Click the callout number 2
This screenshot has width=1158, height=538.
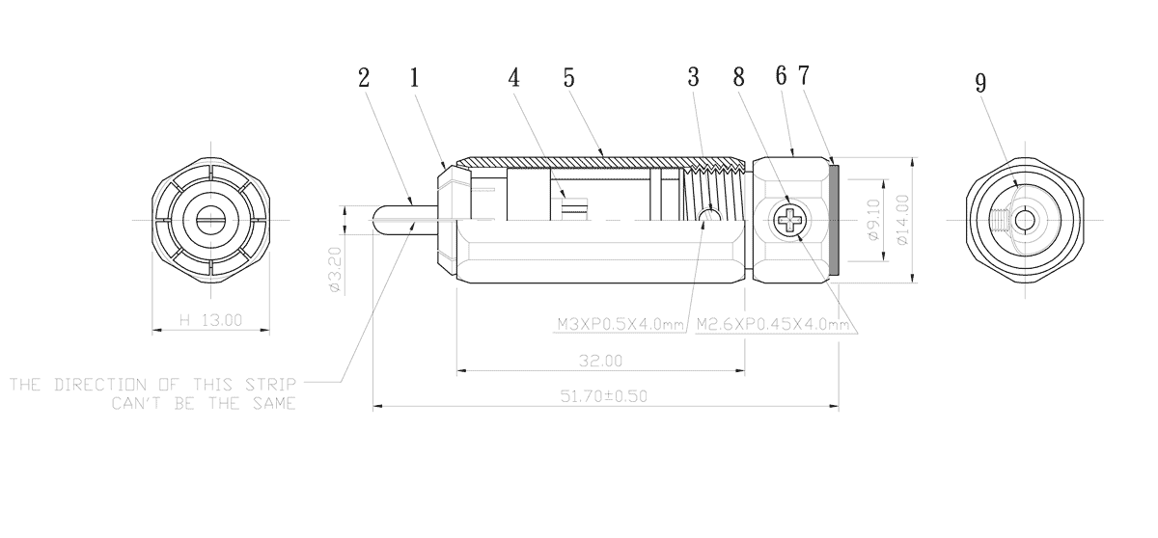pos(364,78)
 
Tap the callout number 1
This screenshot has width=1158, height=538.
pos(414,78)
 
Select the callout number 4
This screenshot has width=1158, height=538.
pos(513,78)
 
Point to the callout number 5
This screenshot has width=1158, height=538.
pos(568,78)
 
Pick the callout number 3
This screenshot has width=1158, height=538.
pos(693,77)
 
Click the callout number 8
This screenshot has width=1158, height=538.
pos(739,77)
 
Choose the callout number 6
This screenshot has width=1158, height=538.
pos(781,76)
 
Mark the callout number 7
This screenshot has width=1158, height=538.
pos(804,75)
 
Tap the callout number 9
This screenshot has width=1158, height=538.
pos(980,83)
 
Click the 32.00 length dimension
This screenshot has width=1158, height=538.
pos(600,361)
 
